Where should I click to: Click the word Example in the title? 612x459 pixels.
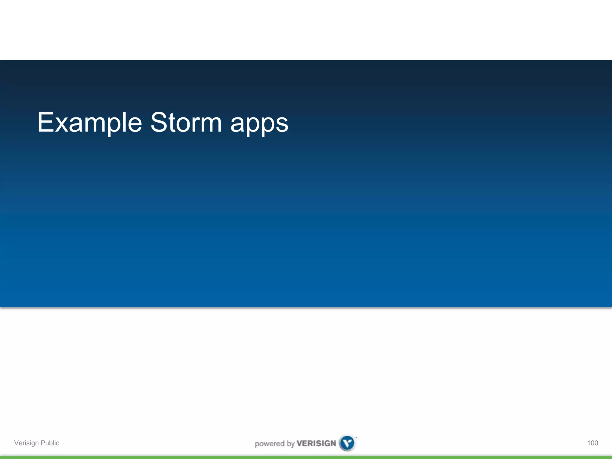[x=90, y=123]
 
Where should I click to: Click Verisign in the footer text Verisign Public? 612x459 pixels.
[x=26, y=443]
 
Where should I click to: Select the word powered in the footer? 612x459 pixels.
[x=269, y=444]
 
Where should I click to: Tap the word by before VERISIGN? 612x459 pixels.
[x=291, y=444]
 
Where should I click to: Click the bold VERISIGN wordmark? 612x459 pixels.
[x=316, y=443]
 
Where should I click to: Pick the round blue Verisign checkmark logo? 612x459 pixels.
[x=348, y=443]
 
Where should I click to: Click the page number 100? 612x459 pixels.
[x=592, y=443]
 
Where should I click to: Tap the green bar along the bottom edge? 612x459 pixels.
[x=306, y=457]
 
